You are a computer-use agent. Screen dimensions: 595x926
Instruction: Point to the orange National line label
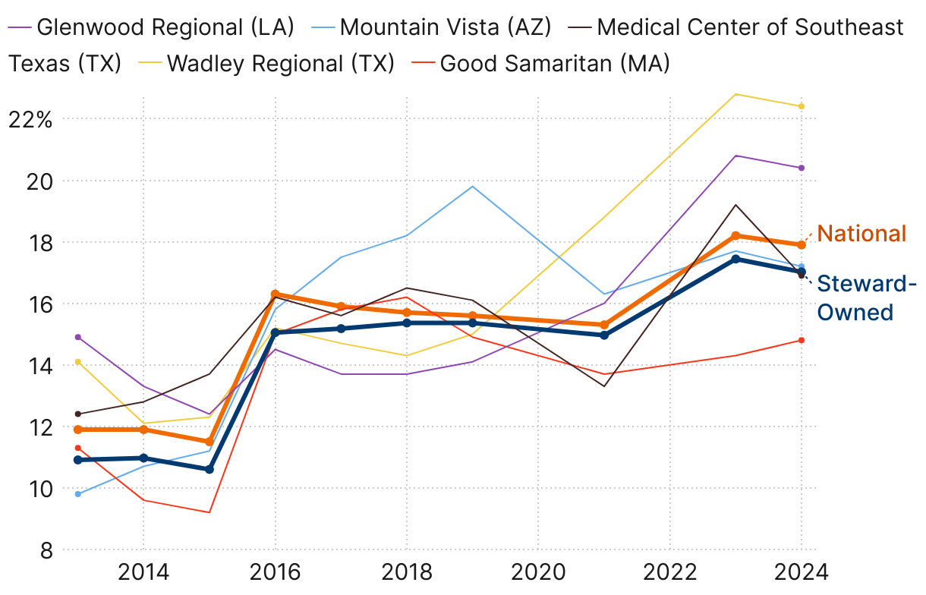[x=861, y=233]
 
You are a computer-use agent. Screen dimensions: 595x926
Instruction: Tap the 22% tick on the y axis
[x=30, y=119]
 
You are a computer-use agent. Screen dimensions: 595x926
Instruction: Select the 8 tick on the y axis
[x=46, y=550]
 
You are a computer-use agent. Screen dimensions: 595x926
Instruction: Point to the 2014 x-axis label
[x=143, y=571]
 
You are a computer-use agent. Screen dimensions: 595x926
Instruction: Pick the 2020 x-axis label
[x=538, y=571]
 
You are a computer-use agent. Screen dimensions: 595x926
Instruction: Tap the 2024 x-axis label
[x=801, y=571]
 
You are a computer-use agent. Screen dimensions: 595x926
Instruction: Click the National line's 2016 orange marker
[x=275, y=294]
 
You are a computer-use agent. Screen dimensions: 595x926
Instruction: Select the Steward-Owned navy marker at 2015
[x=209, y=469]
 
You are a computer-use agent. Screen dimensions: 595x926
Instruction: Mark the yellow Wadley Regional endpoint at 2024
[x=802, y=106]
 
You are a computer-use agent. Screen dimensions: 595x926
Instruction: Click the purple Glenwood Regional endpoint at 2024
[x=802, y=168]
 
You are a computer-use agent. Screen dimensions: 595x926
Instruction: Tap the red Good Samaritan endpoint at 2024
[x=802, y=340]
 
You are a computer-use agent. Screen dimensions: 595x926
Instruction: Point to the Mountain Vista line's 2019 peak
[x=472, y=186]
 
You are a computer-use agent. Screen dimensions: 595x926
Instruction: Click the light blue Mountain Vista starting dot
[x=77, y=494]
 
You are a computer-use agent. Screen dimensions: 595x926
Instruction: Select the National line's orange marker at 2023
[x=735, y=235]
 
